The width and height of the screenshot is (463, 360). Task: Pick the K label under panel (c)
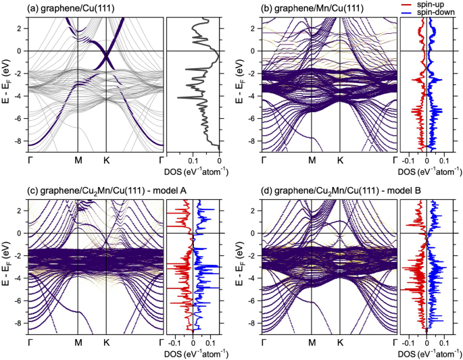point(106,343)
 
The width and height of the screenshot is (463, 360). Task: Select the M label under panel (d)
point(312,343)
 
